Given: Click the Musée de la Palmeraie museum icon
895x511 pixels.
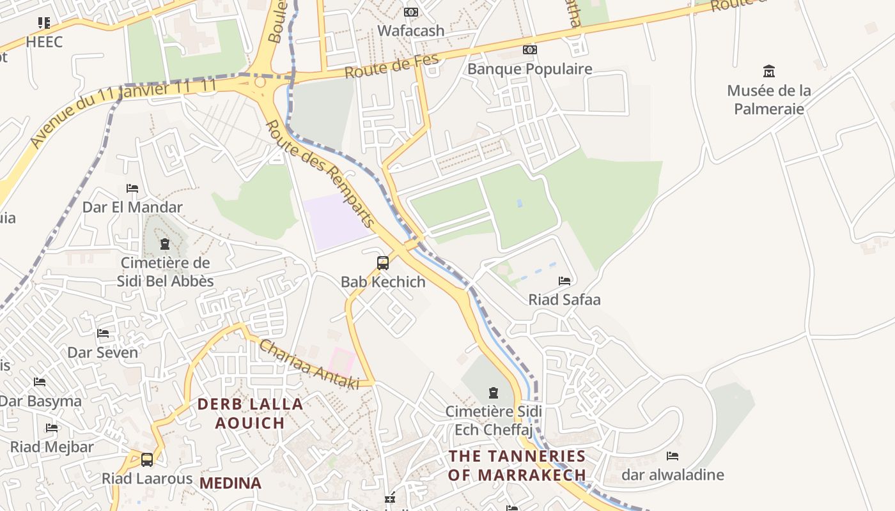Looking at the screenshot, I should tap(769, 71).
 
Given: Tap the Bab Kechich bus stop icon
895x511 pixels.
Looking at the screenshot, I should tap(382, 263).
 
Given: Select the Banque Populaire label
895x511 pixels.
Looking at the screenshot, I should tap(529, 69).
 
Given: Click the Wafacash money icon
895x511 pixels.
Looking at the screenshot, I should tap(411, 12).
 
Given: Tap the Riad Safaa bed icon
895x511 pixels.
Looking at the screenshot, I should tap(564, 280).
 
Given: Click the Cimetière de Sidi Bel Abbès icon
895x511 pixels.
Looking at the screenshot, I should tap(165, 243).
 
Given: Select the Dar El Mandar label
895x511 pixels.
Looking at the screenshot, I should tap(132, 207).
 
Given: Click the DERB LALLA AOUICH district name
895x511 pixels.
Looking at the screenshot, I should tap(250, 413).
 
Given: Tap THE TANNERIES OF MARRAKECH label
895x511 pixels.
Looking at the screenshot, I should tap(517, 466).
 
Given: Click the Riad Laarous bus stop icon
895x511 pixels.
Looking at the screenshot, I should tap(147, 459).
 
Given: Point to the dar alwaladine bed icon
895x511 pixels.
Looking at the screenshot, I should tap(672, 455).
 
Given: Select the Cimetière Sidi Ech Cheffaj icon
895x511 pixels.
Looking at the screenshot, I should tap(493, 392).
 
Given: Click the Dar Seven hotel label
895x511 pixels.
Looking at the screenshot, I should tap(102, 353).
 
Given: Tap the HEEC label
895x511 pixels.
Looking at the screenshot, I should tap(44, 42).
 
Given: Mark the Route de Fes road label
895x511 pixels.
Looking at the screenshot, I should tap(393, 66).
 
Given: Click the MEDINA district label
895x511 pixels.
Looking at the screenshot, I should tap(231, 484).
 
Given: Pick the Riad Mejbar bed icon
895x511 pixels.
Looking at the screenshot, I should tap(52, 427).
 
